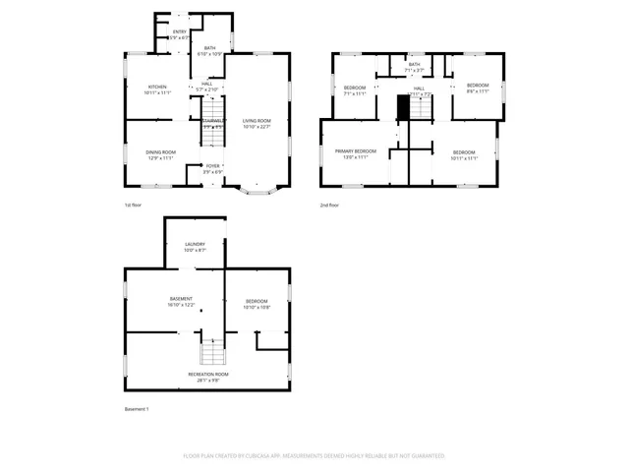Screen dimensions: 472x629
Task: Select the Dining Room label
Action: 160,154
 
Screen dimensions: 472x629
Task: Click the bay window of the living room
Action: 257,189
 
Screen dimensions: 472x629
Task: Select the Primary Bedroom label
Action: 351,153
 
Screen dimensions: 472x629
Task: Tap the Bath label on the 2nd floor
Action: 414,67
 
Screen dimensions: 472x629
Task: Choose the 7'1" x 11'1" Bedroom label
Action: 354,91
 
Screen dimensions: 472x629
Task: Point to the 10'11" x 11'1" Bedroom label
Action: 463,154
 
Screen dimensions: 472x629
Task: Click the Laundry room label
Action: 195,247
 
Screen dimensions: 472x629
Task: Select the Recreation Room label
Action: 208,376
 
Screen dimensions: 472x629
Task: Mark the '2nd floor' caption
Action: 329,206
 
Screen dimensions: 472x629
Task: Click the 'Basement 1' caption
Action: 137,408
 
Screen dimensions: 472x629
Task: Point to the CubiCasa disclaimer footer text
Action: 314,455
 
